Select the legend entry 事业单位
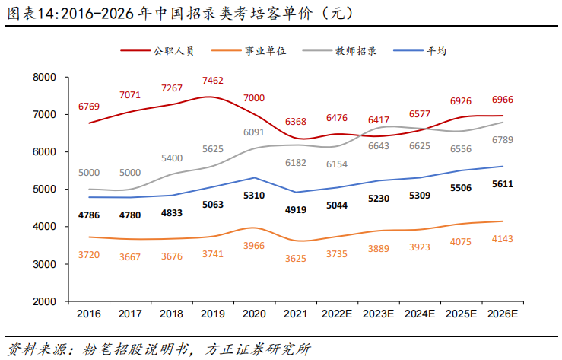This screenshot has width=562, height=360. click(x=265, y=51)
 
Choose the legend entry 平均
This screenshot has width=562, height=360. click(x=436, y=51)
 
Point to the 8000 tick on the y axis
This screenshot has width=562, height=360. click(x=46, y=78)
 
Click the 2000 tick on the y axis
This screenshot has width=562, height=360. click(x=46, y=302)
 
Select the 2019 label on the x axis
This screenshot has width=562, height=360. click(x=213, y=314)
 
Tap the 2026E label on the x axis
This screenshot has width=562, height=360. click(x=503, y=314)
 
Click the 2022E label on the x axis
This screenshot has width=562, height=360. click(x=337, y=314)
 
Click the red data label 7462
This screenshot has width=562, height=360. click(x=213, y=80)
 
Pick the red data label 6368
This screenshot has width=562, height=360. click(x=296, y=122)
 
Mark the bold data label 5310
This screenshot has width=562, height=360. click(x=254, y=196)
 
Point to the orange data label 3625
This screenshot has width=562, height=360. click(x=296, y=259)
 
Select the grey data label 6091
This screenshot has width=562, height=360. click(x=254, y=132)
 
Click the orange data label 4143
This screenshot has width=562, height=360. click(x=503, y=238)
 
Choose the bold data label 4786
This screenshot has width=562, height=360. click(x=89, y=215)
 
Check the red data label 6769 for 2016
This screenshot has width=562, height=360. click(x=89, y=107)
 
